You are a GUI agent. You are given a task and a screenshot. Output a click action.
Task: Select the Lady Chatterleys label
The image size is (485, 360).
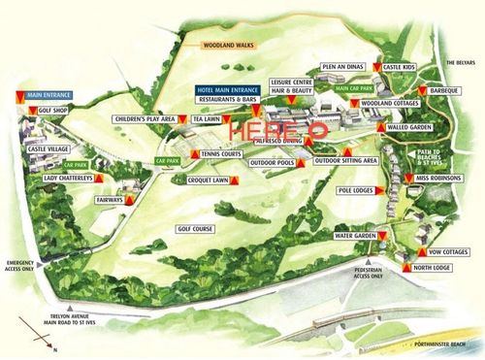coord(67,179)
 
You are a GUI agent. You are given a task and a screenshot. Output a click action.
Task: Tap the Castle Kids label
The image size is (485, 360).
coord(400,68)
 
